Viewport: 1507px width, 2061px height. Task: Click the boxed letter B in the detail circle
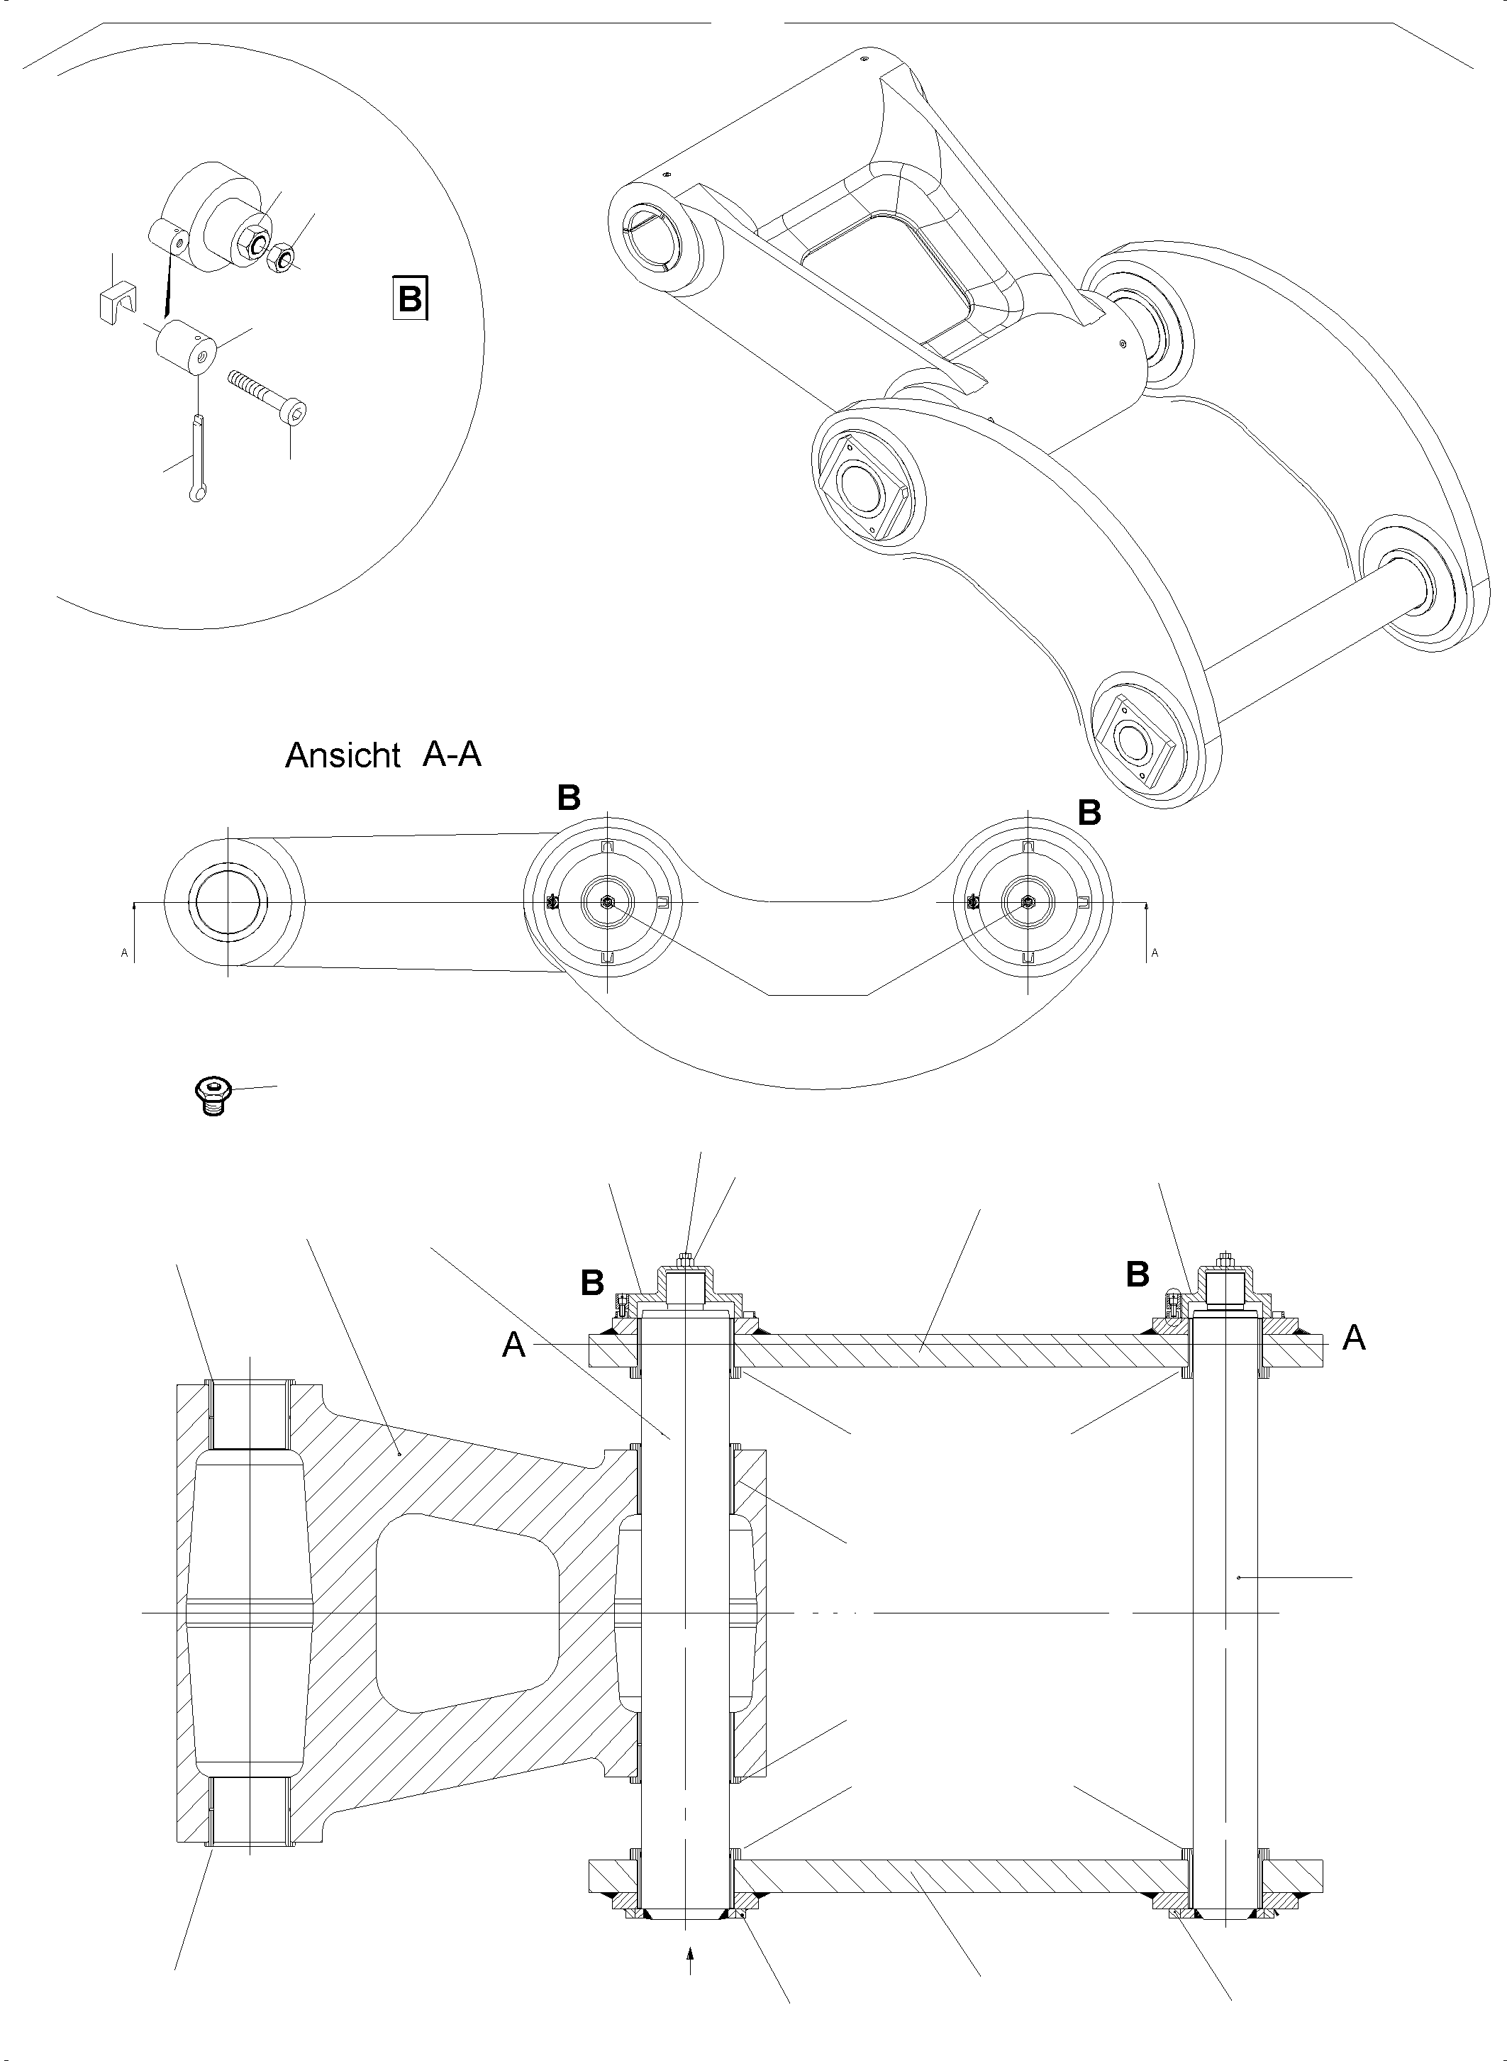click(411, 297)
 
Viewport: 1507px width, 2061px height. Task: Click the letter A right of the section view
click(1354, 1338)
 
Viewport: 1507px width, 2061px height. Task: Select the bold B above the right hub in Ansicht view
click(1089, 812)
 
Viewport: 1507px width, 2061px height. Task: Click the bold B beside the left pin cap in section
click(592, 1283)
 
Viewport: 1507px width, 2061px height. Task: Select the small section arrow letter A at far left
click(124, 952)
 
